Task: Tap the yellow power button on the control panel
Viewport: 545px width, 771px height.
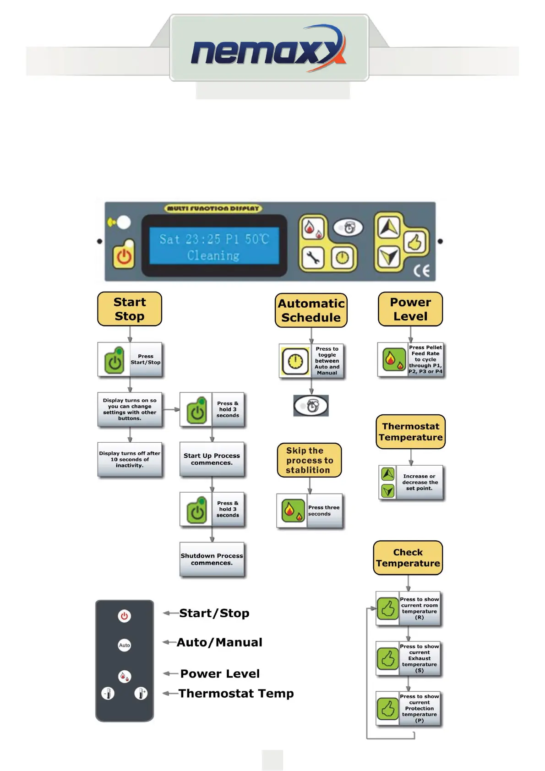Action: point(124,256)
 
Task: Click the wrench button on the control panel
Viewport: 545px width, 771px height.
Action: point(312,258)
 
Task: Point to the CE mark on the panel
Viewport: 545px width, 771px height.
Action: point(421,271)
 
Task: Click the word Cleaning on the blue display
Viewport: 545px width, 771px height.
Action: point(213,255)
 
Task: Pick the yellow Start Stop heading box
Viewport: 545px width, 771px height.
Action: point(130,309)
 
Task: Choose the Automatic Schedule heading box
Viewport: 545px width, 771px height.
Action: point(311,310)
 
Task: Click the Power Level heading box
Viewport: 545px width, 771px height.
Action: point(410,309)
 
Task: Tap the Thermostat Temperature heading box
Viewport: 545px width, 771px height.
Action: point(411,432)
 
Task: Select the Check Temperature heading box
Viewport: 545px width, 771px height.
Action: point(408,558)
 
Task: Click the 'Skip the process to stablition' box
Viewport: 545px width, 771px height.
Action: point(310,460)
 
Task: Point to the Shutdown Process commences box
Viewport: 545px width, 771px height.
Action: point(212,559)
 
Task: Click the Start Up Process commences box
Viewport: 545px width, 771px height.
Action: point(212,459)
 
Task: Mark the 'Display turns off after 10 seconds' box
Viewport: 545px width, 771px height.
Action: point(130,459)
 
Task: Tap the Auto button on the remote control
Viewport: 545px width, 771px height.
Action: point(125,645)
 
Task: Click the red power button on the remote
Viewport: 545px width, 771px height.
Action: point(124,616)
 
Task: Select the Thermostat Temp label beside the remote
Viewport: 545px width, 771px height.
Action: point(236,693)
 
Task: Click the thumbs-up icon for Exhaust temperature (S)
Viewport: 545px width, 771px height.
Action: point(388,658)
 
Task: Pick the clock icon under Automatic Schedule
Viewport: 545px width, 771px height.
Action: point(295,361)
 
